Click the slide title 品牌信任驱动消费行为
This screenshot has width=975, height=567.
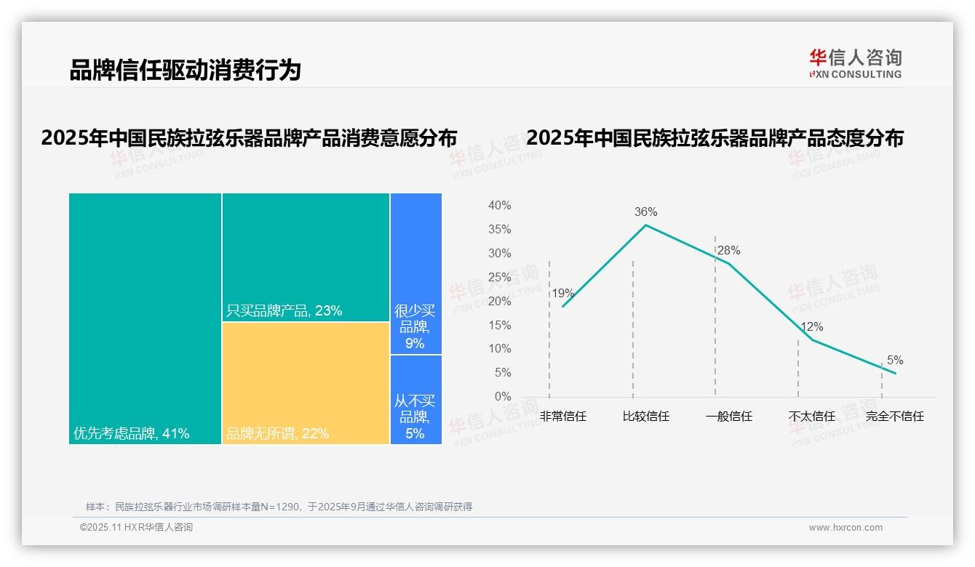tap(185, 71)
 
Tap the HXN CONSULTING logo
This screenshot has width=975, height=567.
tap(855, 64)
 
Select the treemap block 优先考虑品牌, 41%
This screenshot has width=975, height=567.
tap(145, 318)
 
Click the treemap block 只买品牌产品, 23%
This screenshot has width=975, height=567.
tap(306, 257)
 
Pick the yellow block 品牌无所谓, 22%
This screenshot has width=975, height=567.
tap(306, 383)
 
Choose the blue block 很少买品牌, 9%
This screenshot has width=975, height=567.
tap(415, 274)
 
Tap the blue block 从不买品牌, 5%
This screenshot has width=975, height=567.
tap(415, 400)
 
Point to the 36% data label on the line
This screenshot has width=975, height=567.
tap(645, 212)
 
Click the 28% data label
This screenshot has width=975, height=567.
tap(728, 251)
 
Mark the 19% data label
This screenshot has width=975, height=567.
tap(562, 294)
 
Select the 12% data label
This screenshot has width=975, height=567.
tap(811, 327)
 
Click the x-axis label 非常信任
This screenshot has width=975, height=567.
tap(563, 417)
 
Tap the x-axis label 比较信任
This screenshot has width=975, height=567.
tap(646, 417)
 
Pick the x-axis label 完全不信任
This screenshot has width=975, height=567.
tap(894, 417)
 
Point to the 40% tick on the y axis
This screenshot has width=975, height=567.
tap(499, 206)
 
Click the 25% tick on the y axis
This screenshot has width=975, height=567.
tap(499, 277)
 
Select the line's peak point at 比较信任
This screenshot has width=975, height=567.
tap(645, 225)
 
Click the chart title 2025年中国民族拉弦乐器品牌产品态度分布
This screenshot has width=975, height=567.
tap(715, 138)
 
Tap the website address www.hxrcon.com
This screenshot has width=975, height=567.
tap(845, 528)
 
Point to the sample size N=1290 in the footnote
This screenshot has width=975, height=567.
tap(280, 507)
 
